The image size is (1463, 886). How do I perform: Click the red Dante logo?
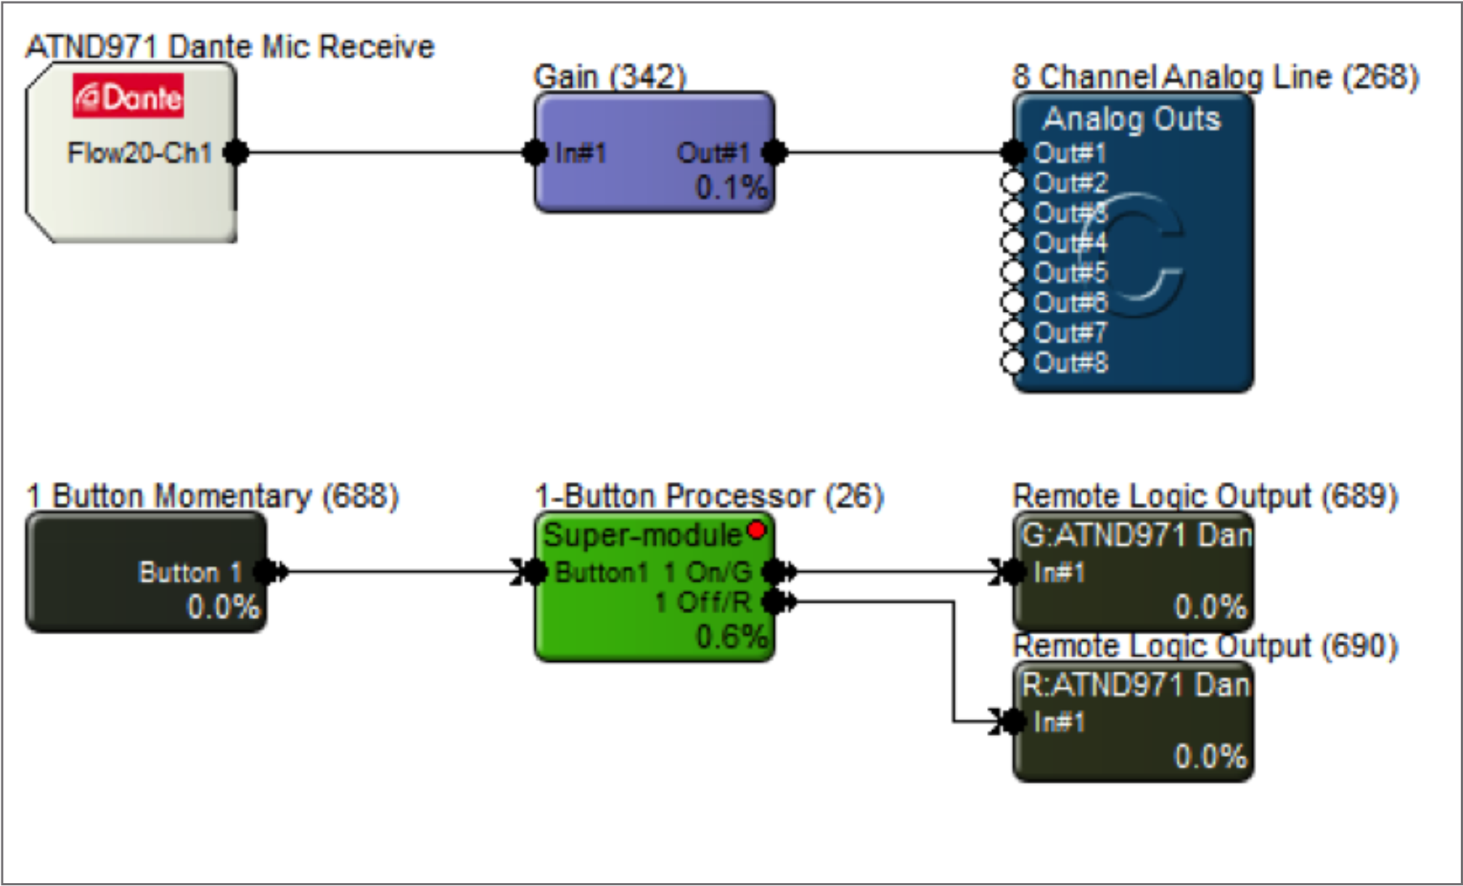[x=128, y=97]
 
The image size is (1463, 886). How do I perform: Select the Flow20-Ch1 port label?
[x=139, y=153]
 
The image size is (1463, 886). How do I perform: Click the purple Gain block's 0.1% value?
[x=730, y=188]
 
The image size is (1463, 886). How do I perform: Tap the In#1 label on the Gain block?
[x=580, y=153]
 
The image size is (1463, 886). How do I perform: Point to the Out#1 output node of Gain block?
[x=774, y=152]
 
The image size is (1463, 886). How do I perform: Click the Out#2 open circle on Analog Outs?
[x=1012, y=183]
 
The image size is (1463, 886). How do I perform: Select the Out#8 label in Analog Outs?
[x=1070, y=362]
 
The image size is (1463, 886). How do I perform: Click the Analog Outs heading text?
[x=1131, y=119]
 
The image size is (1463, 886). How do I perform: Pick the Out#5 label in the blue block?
[x=1070, y=273]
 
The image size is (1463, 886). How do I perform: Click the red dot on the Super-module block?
[x=756, y=530]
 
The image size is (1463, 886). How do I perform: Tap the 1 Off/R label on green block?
[x=702, y=602]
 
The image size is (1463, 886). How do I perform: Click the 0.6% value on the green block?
[x=730, y=636]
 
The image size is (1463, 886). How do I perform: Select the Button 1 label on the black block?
[x=190, y=573]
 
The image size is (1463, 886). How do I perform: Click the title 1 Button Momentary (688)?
[x=212, y=496]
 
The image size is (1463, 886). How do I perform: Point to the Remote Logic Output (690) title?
[x=1205, y=646]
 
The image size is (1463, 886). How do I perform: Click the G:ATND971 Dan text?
[x=1136, y=536]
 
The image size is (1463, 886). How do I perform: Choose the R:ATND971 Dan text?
[x=1136, y=685]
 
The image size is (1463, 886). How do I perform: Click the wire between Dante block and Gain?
[x=385, y=152]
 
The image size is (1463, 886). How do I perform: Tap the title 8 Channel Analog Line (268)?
[x=1215, y=77]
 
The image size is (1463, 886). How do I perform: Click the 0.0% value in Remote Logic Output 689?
[x=1210, y=607]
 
